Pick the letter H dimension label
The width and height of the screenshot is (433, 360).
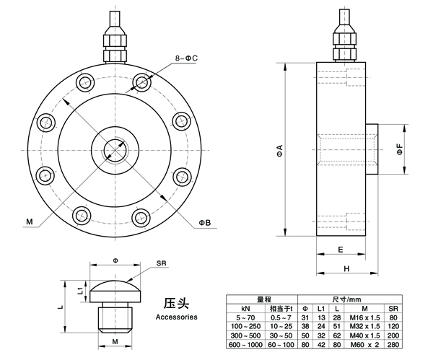pos(347,268)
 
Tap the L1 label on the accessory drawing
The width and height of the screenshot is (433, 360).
pos(80,289)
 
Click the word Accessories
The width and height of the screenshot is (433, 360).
pos(176,317)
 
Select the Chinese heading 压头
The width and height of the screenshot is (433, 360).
pos(176,302)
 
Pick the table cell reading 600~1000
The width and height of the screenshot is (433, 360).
pos(245,346)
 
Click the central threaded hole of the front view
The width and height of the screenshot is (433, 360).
pos(114,148)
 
